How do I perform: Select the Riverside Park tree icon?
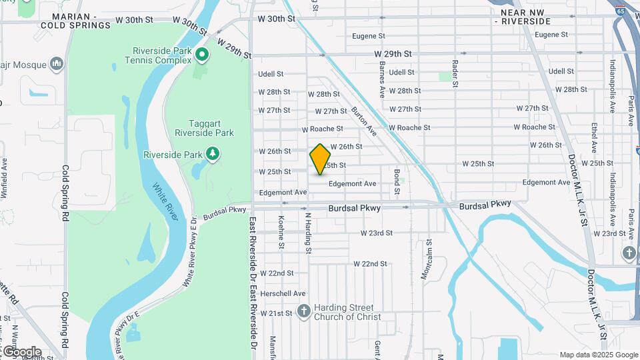click(213, 155)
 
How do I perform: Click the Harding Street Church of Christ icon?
click(304, 311)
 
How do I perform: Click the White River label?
click(163, 200)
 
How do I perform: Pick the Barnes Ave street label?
click(382, 78)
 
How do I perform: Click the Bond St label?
click(396, 182)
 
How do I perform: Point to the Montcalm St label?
click(429, 260)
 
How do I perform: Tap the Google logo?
click(22, 351)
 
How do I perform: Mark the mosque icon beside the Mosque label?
click(57, 65)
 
